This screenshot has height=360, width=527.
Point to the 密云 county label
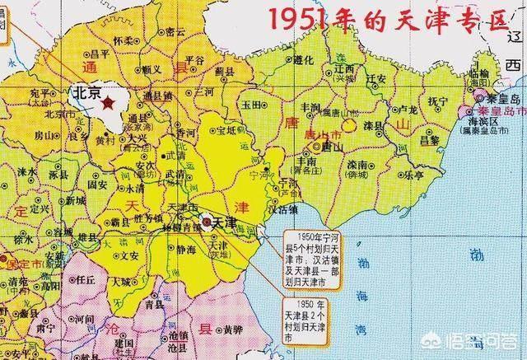175,31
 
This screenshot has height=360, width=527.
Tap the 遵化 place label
302,60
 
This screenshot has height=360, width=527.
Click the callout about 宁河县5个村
317,247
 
